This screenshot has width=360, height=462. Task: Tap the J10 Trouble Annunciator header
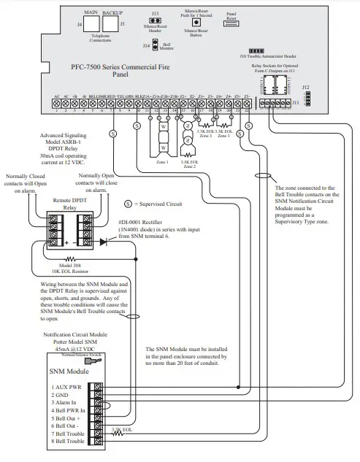(x=246, y=50)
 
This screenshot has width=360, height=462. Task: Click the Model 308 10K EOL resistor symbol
(x=70, y=258)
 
